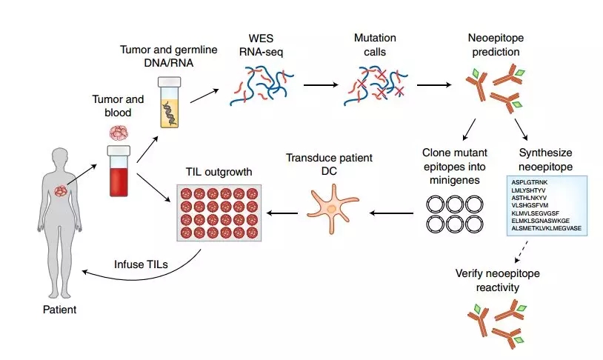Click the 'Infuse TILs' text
[140, 264]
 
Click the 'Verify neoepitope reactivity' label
[497, 281]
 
